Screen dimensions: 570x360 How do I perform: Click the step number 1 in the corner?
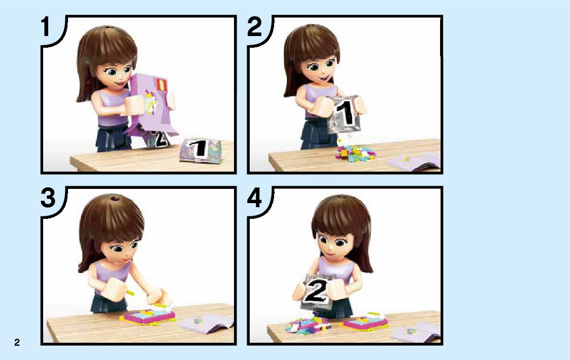[46, 27]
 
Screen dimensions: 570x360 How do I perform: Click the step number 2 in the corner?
[254, 27]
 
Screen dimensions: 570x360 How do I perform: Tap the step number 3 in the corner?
[48, 198]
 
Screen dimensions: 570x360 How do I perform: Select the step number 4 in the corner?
[254, 198]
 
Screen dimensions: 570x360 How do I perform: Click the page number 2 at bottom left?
[17, 342]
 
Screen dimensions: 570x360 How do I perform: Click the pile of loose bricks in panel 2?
[354, 153]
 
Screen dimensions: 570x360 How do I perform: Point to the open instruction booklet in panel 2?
[414, 161]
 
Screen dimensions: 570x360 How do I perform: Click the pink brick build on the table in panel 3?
[149, 316]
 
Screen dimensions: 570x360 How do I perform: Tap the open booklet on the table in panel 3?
[207, 323]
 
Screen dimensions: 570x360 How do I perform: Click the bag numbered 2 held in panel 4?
[316, 291]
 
